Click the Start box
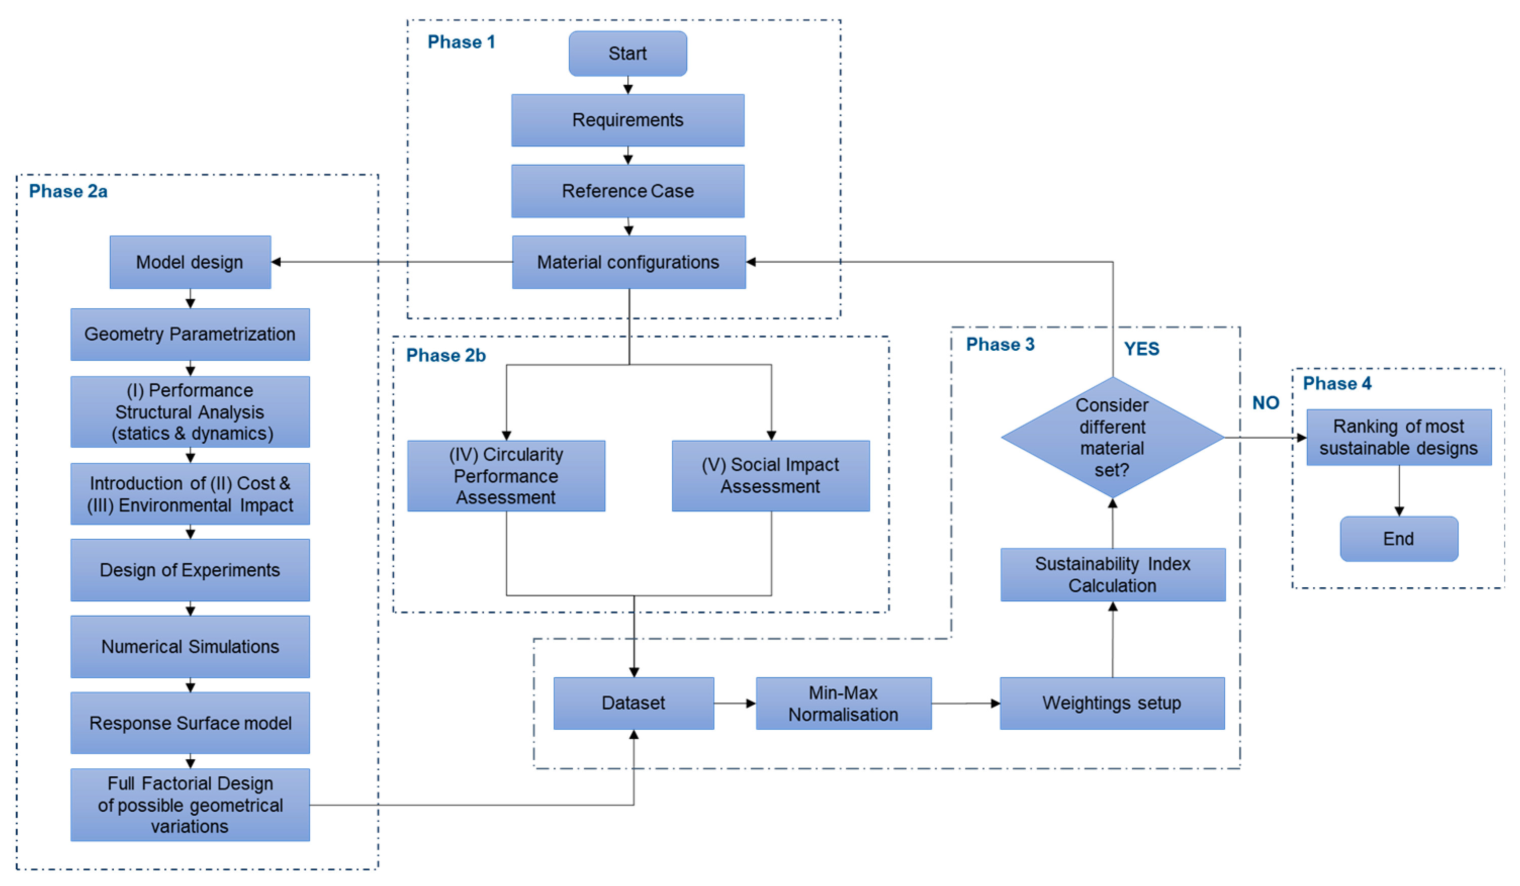point(627,54)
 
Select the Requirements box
point(627,120)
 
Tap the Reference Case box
point(627,191)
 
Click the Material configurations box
point(628,262)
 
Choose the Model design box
point(190,262)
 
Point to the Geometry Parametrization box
point(190,334)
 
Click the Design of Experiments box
point(190,570)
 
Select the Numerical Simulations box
point(190,646)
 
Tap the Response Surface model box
point(190,723)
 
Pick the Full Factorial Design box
point(190,805)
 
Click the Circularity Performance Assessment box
point(506,476)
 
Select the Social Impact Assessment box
point(770,476)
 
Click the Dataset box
point(633,703)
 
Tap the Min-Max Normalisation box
point(843,703)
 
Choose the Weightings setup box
point(1112,703)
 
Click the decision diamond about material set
point(1112,437)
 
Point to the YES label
point(1141,349)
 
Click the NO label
point(1265,403)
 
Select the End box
point(1398,539)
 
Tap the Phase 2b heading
point(446,355)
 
